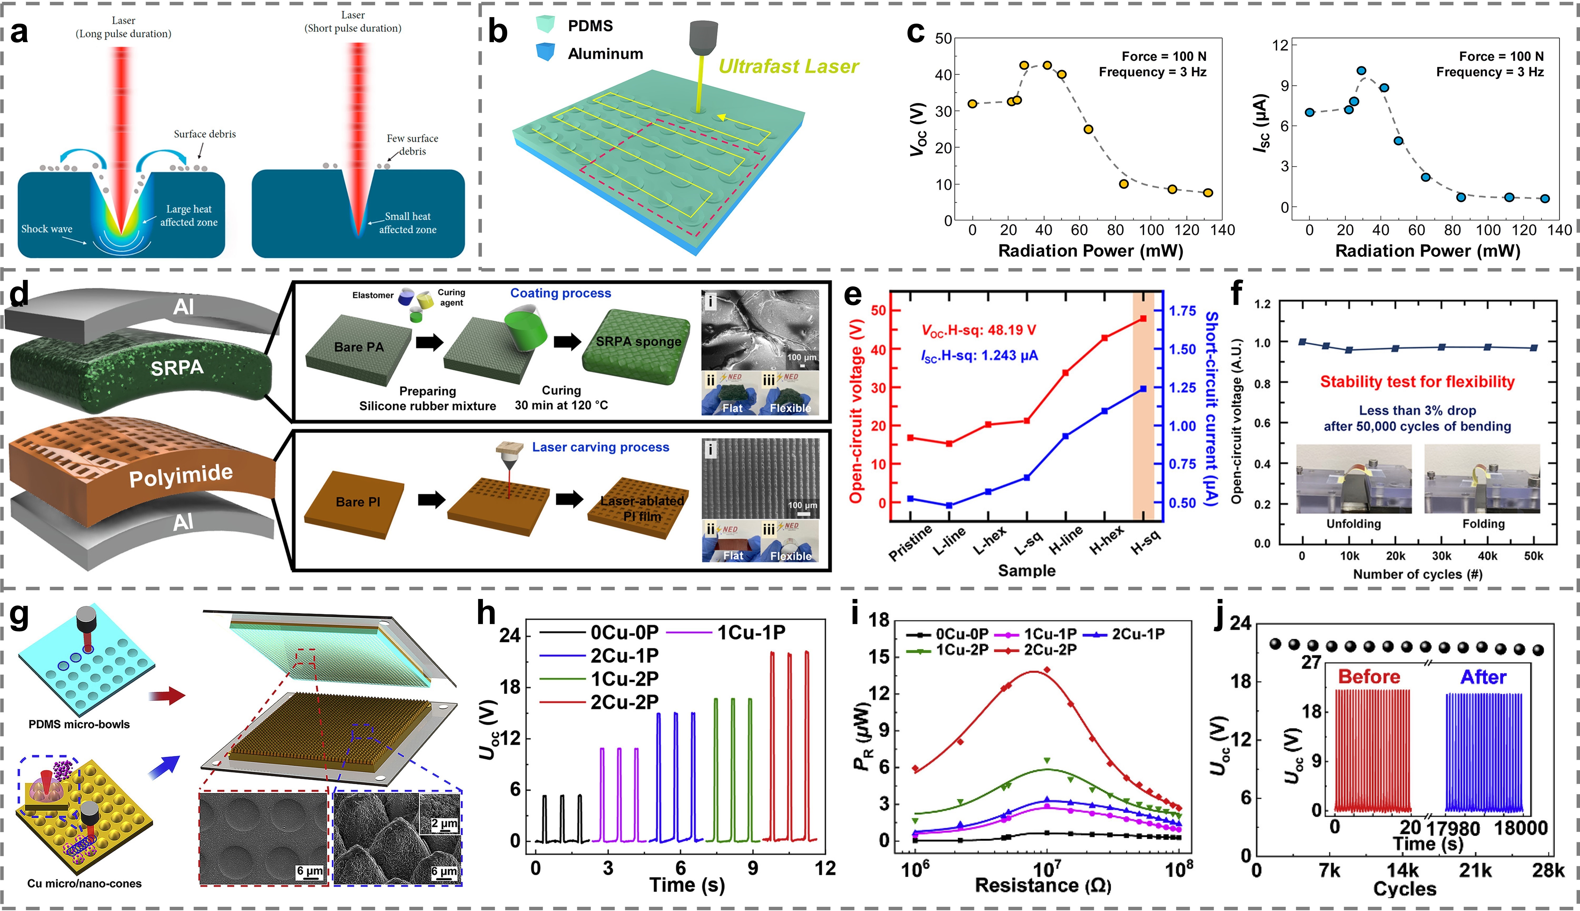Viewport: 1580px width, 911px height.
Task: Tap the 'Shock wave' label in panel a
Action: [47, 229]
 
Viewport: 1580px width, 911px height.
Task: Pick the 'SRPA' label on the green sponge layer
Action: [177, 368]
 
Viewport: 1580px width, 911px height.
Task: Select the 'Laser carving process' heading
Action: [600, 447]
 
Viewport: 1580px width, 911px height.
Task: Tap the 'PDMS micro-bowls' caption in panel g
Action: [80, 725]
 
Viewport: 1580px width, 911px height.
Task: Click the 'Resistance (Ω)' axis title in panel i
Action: [1043, 885]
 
